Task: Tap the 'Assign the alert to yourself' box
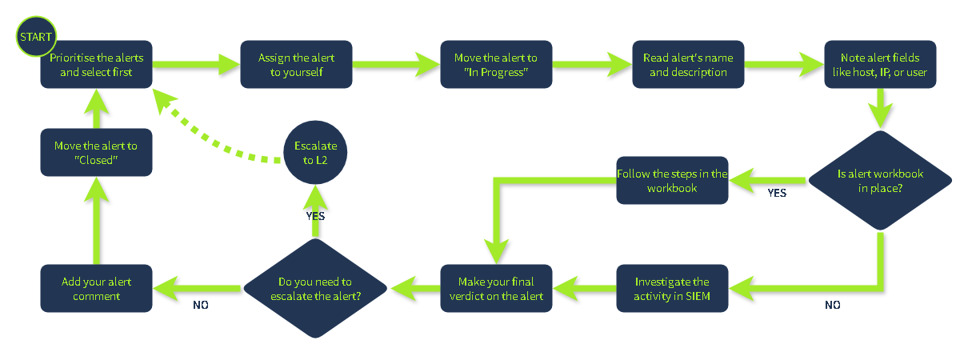(296, 66)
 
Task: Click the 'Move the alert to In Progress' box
(496, 66)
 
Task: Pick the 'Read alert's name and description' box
(688, 66)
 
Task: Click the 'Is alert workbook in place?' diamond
(880, 181)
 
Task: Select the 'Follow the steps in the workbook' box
(672, 180)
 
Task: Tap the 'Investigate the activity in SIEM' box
(672, 289)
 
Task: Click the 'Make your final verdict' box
(496, 289)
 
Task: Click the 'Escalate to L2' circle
(315, 153)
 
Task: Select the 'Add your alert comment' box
(97, 289)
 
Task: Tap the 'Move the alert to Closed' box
(97, 153)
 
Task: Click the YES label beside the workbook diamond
(777, 193)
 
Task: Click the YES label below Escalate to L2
(314, 216)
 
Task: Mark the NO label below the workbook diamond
(833, 305)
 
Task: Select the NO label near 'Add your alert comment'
(202, 305)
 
